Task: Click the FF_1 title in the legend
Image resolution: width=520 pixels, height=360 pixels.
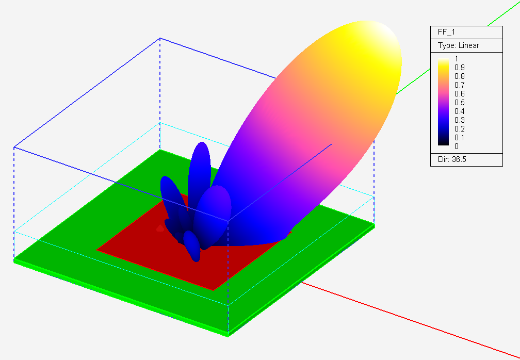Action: click(446, 32)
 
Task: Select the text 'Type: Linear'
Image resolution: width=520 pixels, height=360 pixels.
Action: click(458, 45)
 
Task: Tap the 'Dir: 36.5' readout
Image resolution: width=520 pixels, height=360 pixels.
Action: click(452, 159)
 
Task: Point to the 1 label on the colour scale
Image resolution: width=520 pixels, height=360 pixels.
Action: click(457, 59)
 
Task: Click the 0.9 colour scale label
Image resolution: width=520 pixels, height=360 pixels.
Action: click(459, 67)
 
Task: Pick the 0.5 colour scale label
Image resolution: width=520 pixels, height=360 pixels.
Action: click(459, 103)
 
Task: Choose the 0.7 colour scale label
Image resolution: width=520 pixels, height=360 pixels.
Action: click(459, 85)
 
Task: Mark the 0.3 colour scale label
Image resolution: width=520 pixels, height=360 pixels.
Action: click(459, 120)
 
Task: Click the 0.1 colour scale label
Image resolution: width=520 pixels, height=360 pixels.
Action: click(459, 138)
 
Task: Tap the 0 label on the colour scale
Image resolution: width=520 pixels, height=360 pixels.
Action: click(457, 146)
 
